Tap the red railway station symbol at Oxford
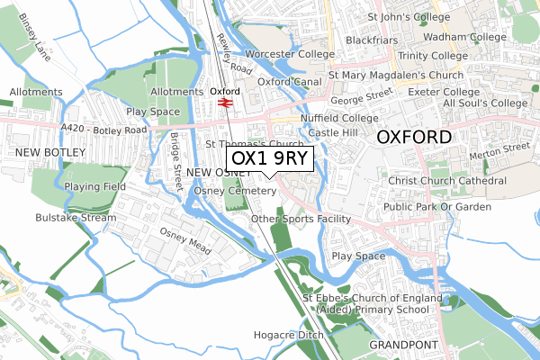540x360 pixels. click(225, 103)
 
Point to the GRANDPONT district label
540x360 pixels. click(402, 345)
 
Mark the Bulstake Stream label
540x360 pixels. click(75, 217)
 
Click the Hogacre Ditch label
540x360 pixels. click(289, 335)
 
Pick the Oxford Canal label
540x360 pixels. click(291, 81)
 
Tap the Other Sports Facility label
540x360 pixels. click(301, 219)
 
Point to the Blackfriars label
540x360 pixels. click(372, 40)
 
